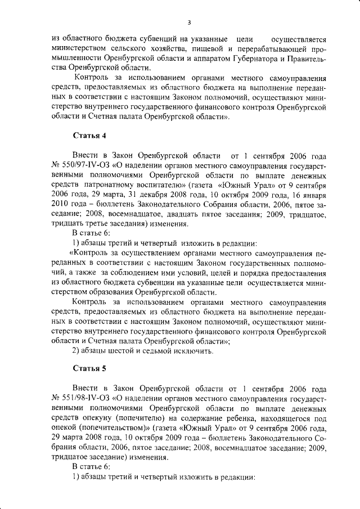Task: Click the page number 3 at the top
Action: click(x=190, y=22)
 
